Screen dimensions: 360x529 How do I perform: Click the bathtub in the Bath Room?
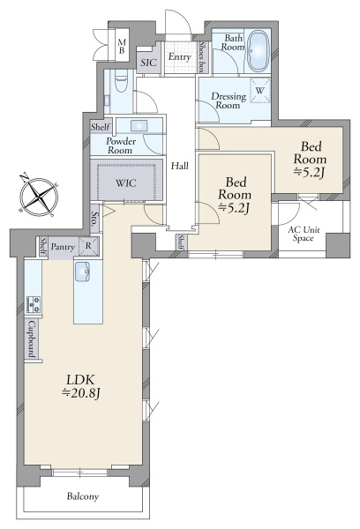coord(259,52)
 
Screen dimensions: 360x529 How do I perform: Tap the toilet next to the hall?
coord(121,81)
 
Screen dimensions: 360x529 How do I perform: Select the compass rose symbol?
coord(39,196)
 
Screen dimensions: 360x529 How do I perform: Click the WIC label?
coord(126,183)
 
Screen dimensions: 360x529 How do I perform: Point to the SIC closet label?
coord(148,63)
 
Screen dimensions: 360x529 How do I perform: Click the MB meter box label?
coord(122,47)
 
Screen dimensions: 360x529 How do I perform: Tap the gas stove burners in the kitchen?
coord(34,304)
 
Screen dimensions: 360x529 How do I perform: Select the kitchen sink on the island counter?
coord(82,272)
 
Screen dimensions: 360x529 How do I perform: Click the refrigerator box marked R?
coord(89,246)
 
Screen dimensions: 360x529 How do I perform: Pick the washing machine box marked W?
coord(260,90)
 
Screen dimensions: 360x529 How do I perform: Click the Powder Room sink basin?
coord(139,126)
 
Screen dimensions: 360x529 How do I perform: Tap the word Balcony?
coord(83,496)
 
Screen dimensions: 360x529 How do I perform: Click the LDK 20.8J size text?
coord(81,387)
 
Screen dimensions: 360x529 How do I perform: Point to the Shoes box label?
coord(202,57)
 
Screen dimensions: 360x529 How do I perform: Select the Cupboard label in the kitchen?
coord(32,339)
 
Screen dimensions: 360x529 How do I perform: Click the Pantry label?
coord(63,247)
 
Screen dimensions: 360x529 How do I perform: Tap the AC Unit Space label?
coord(304,234)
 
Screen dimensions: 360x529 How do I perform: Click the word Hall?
coord(180,166)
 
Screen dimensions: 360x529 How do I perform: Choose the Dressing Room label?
coord(229,101)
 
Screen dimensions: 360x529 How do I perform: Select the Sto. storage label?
coord(95,219)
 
